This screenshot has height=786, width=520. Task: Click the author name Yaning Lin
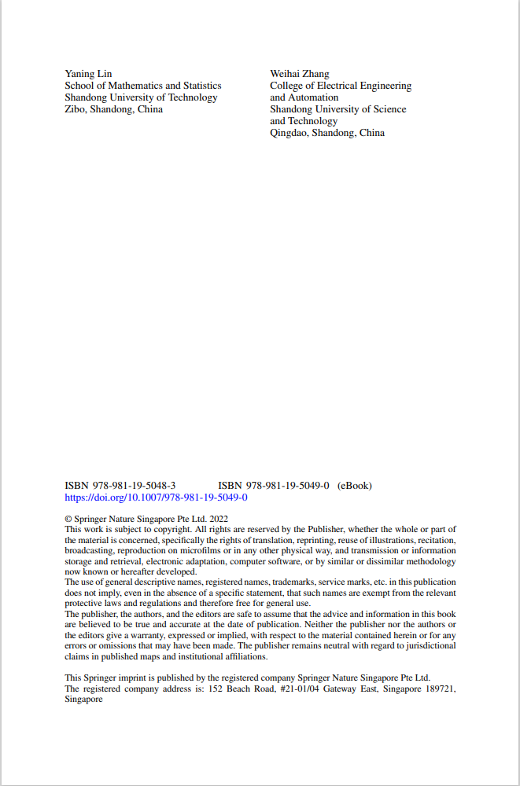point(88,74)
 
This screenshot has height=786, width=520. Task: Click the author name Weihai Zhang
point(300,74)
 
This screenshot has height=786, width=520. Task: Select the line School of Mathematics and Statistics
point(143,86)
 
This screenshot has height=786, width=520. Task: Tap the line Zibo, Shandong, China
point(113,109)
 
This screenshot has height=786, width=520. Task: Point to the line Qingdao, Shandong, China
point(327,133)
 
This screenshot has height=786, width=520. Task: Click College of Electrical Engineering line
point(341,86)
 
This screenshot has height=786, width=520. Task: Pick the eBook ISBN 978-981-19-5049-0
point(273,486)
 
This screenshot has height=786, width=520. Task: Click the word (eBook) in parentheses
point(355,486)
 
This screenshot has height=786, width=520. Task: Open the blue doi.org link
point(156,498)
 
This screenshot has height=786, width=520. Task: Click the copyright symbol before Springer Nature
point(68,520)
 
